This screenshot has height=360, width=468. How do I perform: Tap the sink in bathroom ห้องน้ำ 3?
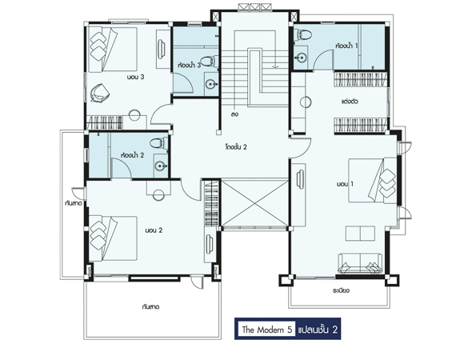212,85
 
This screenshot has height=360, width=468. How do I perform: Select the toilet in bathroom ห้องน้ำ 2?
159,143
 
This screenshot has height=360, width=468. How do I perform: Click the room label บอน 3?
135,77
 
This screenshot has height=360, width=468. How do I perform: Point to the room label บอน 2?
154,230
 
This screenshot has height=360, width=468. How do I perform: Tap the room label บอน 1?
345,184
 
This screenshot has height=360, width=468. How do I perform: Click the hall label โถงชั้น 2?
236,147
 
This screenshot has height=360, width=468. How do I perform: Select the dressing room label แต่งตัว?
350,101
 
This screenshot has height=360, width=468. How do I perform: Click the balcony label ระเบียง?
341,290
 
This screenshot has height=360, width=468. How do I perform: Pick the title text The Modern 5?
266,330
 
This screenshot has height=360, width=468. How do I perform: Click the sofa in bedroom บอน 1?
360,263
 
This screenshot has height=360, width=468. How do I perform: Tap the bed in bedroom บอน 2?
114,238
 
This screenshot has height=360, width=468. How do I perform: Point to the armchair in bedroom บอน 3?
100,93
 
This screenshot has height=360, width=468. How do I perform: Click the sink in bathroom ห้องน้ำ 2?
161,166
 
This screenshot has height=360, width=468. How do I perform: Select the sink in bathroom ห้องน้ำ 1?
301,58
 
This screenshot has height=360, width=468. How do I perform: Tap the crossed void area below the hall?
254,202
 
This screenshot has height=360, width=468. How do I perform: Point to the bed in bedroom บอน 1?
373,181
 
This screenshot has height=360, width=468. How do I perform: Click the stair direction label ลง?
235,114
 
